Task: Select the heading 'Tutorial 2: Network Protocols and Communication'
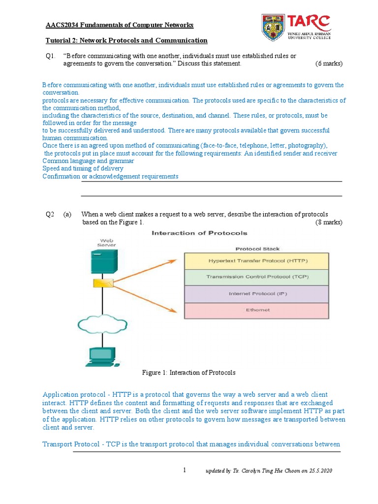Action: (126, 40)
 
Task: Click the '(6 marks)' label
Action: (329, 63)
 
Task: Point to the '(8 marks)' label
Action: (329, 222)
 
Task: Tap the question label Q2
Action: (50, 214)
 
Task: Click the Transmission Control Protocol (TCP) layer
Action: (256, 277)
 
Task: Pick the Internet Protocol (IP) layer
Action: (256, 294)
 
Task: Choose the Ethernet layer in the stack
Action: (256, 310)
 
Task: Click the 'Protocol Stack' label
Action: (257, 249)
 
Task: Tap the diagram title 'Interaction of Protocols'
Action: (200, 233)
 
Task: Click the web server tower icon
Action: (104, 261)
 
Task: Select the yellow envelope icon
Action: (104, 283)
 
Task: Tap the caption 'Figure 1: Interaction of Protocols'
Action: (189, 373)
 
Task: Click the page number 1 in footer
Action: (185, 471)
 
